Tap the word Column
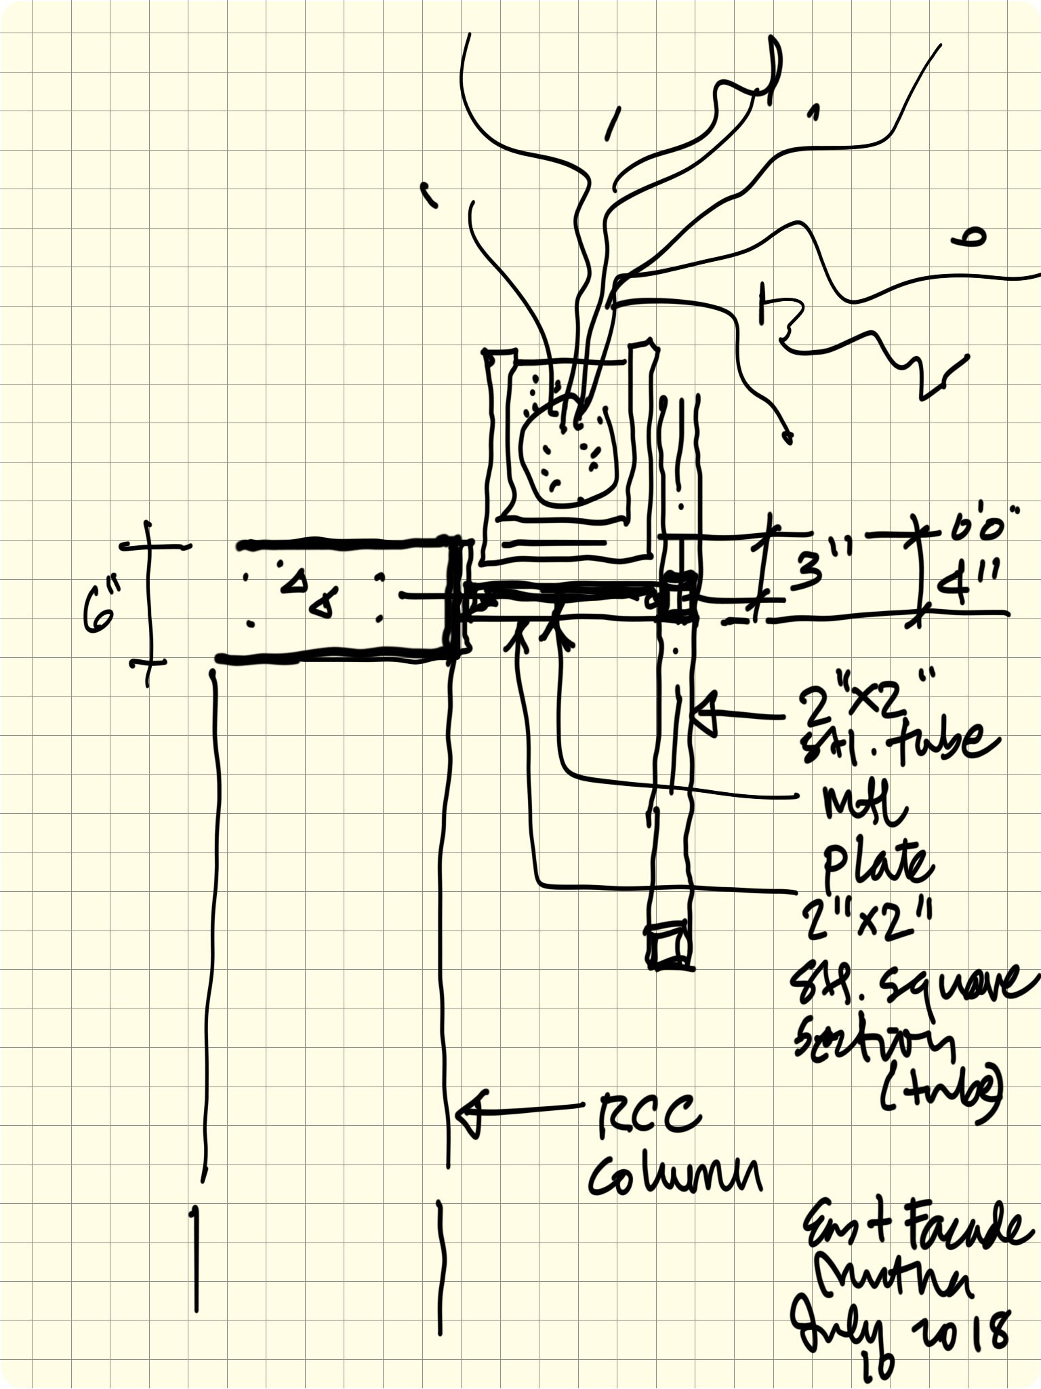[674, 1176]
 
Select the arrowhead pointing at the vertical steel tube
[705, 714]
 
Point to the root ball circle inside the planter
[568, 451]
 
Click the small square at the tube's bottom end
[668, 943]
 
